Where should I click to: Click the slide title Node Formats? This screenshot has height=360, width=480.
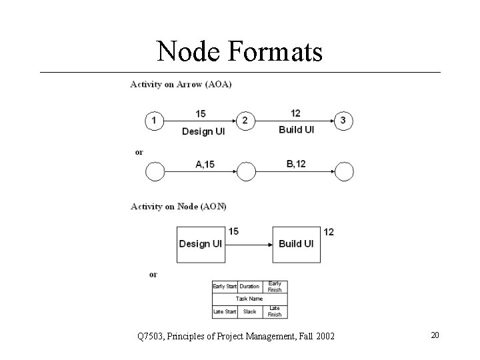(239, 51)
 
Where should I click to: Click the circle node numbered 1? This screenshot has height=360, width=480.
(155, 121)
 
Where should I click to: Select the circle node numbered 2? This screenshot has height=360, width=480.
(246, 121)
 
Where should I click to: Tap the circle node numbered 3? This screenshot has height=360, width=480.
(343, 121)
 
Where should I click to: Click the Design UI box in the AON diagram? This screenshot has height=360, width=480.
(201, 244)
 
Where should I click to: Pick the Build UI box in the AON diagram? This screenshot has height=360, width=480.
(296, 244)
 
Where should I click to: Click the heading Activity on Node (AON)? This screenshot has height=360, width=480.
(178, 207)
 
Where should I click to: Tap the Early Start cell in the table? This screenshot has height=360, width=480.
(225, 287)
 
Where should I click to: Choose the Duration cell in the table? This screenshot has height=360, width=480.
(249, 287)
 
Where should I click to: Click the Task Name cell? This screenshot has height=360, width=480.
(249, 299)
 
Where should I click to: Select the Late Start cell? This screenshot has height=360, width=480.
(225, 311)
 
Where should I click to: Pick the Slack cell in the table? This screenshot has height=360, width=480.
(249, 311)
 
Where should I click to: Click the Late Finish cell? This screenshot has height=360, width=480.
(275, 311)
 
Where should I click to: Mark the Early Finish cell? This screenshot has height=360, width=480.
(275, 287)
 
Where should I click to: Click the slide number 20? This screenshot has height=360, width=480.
(435, 335)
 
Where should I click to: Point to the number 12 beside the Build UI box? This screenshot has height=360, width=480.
(329, 232)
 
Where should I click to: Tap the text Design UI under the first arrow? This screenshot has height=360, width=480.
(203, 131)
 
